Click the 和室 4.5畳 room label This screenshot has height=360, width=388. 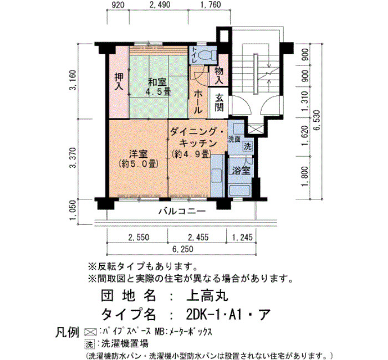(158, 86)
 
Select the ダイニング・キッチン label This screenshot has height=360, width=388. (197, 137)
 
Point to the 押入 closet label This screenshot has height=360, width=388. (119, 82)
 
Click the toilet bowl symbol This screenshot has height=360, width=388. (208, 55)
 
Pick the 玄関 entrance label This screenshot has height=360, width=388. (219, 102)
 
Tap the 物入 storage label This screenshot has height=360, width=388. (219, 75)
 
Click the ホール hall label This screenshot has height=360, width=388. (198, 101)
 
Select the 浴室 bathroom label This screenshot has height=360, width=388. (241, 171)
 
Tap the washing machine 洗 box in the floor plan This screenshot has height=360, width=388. (247, 146)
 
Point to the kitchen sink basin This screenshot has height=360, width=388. (217, 176)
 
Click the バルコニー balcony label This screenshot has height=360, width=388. (182, 212)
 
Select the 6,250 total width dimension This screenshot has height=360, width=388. (182, 249)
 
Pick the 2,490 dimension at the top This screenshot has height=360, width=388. (160, 4)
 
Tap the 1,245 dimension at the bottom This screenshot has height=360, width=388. (242, 238)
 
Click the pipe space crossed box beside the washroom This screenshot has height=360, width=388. (254, 129)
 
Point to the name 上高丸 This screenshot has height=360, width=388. (207, 295)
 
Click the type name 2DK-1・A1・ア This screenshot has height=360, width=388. (228, 314)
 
